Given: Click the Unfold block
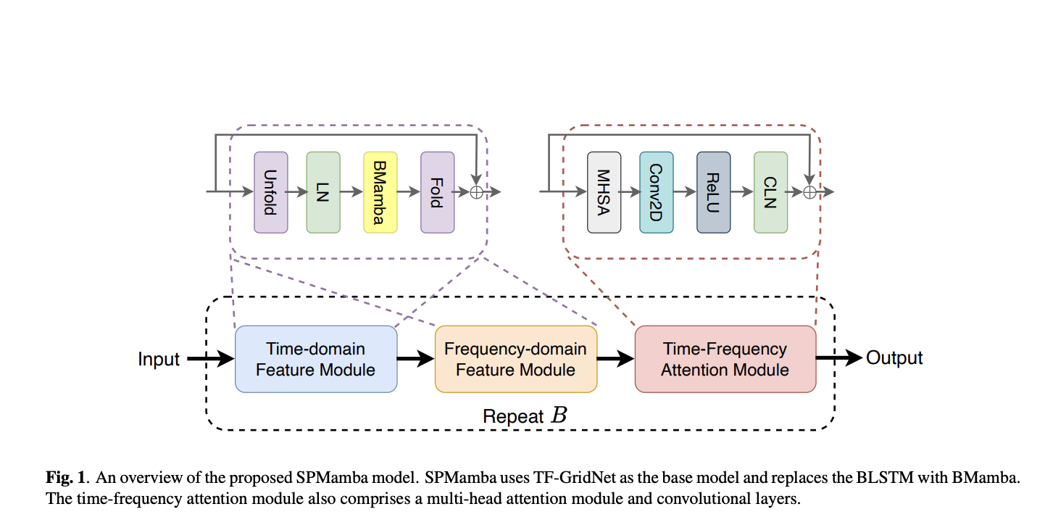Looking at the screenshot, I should [x=270, y=192].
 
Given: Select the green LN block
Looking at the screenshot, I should [x=323, y=192].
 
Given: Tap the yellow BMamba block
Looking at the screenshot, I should [x=380, y=192].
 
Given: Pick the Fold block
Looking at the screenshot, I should [x=437, y=192].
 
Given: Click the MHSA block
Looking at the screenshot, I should [x=604, y=192].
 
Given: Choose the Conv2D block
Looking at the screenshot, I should [x=656, y=192].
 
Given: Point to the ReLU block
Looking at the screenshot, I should [x=713, y=192].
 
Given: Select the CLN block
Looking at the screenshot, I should [x=770, y=192].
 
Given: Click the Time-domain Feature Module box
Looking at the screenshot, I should [x=316, y=359].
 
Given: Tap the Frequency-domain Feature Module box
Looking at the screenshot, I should [x=515, y=359].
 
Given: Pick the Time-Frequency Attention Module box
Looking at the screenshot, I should [x=725, y=359].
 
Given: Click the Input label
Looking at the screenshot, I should [x=159, y=359].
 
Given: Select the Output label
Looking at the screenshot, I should [x=894, y=358].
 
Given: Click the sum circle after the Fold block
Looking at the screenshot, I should [x=476, y=192].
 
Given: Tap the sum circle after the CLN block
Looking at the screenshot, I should [x=809, y=192].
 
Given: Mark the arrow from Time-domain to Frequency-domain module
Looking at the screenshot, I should [x=415, y=360].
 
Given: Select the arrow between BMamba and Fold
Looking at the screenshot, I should [x=409, y=192].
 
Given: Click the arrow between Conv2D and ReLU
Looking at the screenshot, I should [x=685, y=192].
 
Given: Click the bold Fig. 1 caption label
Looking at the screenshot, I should [x=66, y=478].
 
